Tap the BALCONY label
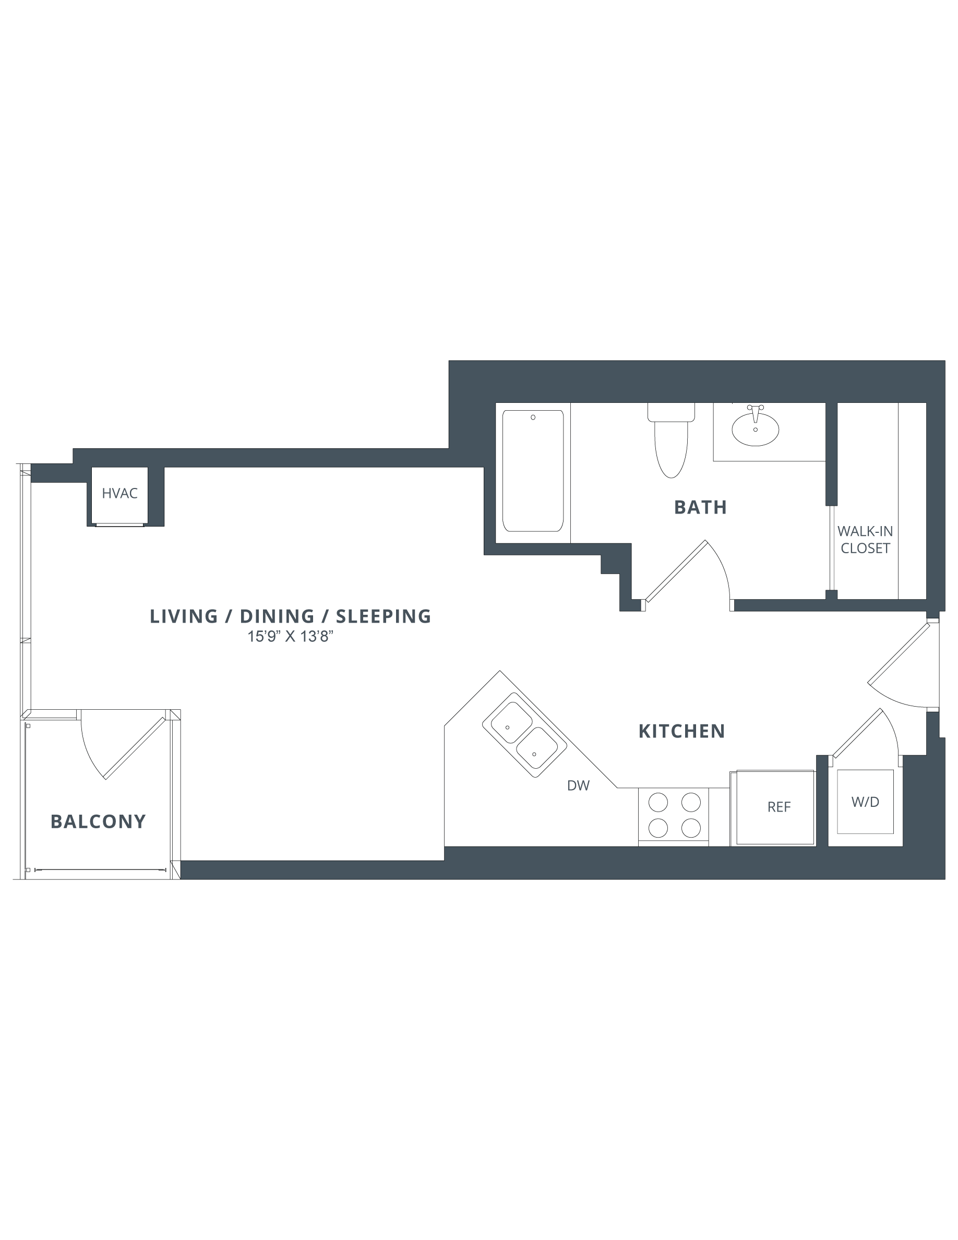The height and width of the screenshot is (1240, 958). click(98, 821)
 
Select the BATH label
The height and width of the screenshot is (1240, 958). click(700, 507)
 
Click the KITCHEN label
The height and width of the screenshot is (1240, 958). click(681, 731)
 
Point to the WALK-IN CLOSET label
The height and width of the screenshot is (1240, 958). click(865, 540)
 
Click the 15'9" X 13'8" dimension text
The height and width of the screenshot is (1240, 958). click(290, 637)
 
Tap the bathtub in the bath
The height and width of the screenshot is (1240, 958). click(532, 471)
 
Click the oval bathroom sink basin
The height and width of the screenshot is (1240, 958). click(755, 430)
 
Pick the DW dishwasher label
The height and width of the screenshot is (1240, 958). click(578, 786)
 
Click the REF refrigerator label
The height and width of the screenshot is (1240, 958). click(779, 807)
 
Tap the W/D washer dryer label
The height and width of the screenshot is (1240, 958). click(865, 802)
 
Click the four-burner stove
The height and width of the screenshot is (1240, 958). click(674, 815)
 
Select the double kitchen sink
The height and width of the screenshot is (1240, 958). click(524, 735)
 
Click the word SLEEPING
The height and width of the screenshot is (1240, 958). click(384, 616)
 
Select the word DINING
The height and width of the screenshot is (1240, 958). click(277, 616)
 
